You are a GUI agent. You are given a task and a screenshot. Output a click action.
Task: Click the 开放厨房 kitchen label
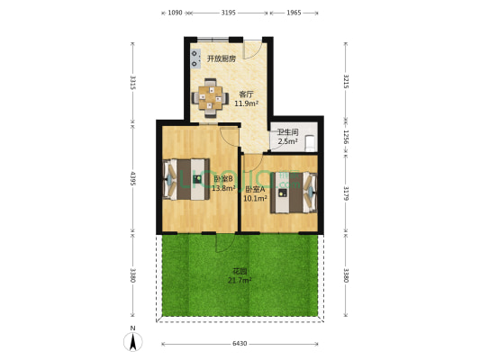tap(221, 58)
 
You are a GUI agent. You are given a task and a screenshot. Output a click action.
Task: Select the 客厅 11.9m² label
tap(246, 98)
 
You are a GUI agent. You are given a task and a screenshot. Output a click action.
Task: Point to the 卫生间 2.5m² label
tap(287, 137)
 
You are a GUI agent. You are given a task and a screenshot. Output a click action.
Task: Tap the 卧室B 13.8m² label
tap(223, 184)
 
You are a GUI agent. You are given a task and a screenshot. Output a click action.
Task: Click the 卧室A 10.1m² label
tap(255, 193)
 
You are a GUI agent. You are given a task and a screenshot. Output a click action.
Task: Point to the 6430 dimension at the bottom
tap(240, 344)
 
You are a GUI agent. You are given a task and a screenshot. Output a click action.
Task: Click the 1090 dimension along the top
tap(176, 13)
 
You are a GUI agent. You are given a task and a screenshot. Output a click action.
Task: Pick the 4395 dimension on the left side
tap(132, 176)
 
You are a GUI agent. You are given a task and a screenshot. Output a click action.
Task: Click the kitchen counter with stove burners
tap(194, 60)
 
